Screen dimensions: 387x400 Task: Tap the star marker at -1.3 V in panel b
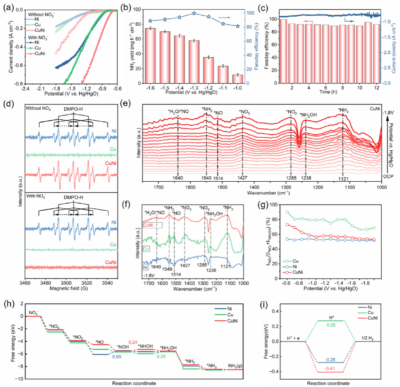tap(194, 14)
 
